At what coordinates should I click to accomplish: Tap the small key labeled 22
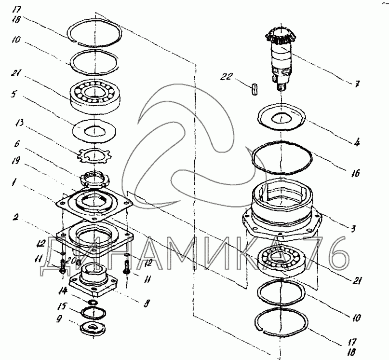[255, 89]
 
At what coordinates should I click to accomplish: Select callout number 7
[357, 84]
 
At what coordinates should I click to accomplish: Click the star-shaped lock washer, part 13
[94, 156]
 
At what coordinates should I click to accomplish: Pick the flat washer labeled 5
[94, 130]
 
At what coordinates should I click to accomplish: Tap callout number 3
[353, 228]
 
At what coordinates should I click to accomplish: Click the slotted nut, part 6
[94, 180]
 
